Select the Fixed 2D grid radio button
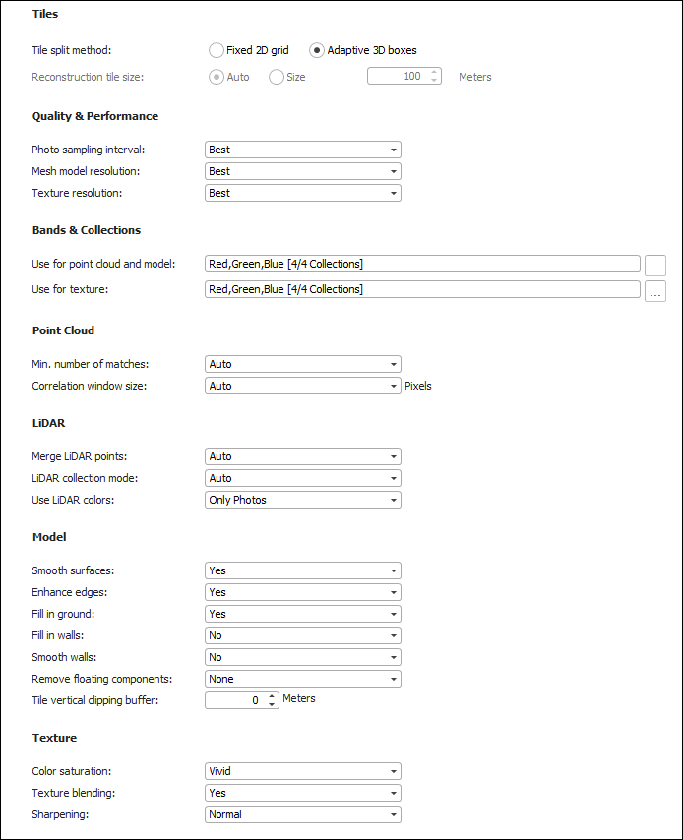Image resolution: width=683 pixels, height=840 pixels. click(217, 50)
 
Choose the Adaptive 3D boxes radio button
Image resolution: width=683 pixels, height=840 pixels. click(317, 50)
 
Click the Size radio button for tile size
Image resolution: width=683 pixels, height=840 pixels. click(277, 77)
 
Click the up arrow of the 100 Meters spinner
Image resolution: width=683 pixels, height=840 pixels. click(435, 72)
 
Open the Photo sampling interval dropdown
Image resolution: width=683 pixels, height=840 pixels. click(303, 150)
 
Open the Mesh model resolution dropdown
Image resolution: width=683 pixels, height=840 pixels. click(303, 171)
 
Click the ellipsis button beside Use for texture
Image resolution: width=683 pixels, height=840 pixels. click(654, 291)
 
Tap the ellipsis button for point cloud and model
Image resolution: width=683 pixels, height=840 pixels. click(654, 266)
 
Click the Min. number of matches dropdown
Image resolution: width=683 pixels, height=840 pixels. click(303, 364)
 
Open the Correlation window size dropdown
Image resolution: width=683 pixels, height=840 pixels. click(303, 386)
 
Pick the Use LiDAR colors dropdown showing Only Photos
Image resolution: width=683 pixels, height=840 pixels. click(303, 500)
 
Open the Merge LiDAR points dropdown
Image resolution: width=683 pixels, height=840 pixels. click(303, 456)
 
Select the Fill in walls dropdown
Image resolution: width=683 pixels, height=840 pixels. click(303, 635)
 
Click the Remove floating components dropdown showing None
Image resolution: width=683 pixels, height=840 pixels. click(303, 679)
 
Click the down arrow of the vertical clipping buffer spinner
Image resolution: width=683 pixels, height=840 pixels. click(272, 705)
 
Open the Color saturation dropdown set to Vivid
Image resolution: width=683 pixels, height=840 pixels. click(303, 771)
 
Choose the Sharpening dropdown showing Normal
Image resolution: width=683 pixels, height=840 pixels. click(303, 814)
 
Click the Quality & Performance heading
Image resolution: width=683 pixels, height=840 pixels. click(94, 116)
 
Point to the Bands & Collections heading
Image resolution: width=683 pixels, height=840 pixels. click(87, 230)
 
